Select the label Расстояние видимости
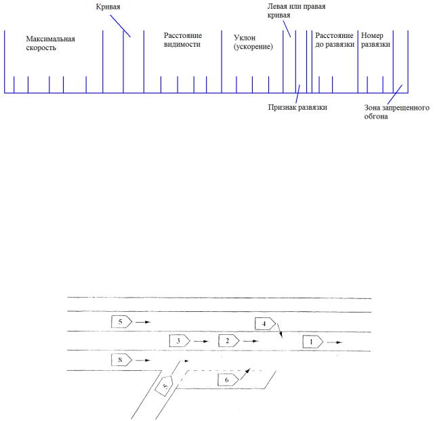183,39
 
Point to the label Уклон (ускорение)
253,43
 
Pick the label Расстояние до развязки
334,39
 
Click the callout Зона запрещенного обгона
393,111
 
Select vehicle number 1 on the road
312,342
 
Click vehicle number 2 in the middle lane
229,340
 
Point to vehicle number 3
178,340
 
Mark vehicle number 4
265,323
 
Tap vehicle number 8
121,361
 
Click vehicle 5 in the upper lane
121,321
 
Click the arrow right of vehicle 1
335,342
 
